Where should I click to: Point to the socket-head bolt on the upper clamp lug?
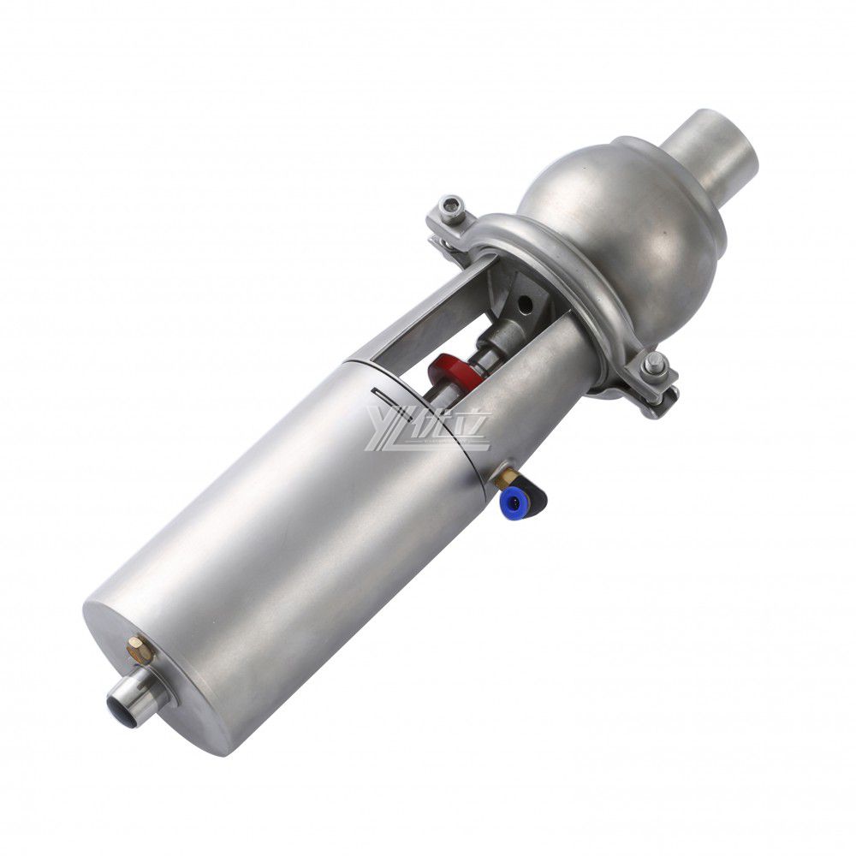click(x=451, y=207)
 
